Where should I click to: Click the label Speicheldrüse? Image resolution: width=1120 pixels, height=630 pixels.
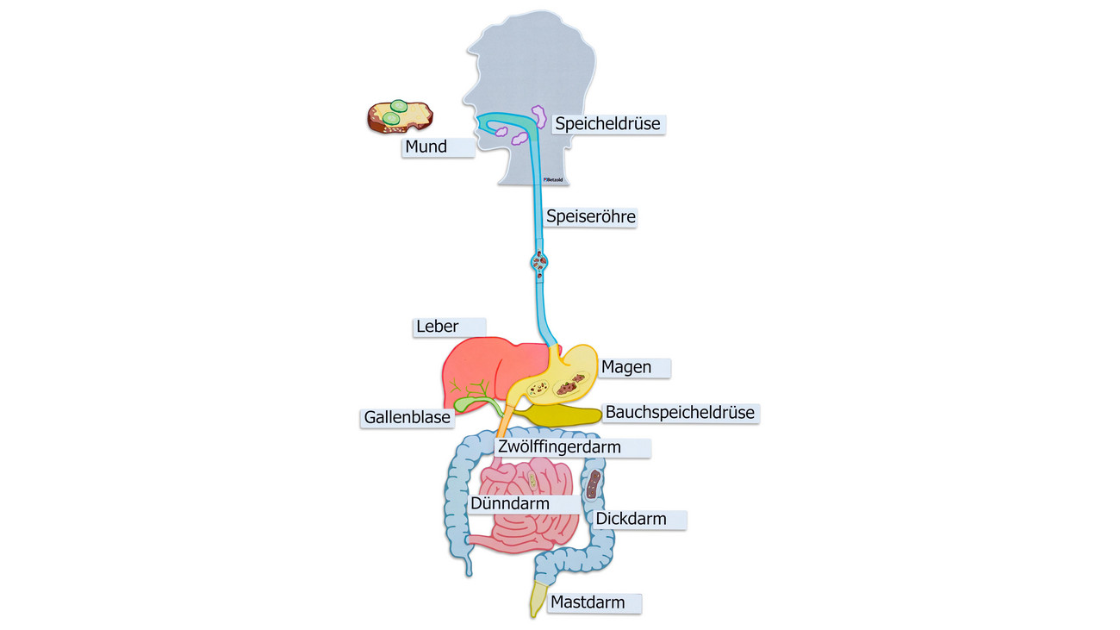point(608,124)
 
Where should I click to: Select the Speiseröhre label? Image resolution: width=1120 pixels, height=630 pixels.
point(590,217)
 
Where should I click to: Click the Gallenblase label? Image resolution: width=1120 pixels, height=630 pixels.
point(407,417)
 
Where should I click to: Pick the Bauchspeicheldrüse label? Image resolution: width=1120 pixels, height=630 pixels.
point(681,413)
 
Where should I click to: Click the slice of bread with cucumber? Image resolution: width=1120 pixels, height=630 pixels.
point(400,117)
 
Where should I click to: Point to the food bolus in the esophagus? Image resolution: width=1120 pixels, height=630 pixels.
point(539,263)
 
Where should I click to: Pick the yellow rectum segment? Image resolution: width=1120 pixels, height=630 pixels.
point(537,598)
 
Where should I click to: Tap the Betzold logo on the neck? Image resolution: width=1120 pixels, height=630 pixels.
point(553,179)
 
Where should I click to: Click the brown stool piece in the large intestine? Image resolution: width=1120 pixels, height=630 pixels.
point(593,484)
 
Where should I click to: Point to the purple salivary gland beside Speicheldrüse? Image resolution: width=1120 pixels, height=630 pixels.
point(539,116)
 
